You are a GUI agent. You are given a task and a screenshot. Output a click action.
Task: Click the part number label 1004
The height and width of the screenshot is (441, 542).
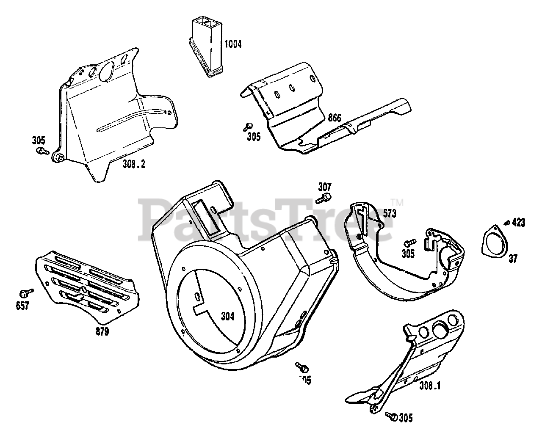coord(233,44)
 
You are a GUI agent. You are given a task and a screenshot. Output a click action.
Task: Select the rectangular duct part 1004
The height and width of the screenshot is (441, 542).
coord(206,44)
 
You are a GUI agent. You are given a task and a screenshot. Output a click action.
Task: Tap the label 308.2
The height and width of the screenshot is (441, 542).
coord(134,165)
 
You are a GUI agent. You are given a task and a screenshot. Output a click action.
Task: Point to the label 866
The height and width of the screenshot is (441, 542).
coord(334,118)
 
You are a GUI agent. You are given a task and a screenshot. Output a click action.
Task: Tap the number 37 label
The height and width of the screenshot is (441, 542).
coord(513,258)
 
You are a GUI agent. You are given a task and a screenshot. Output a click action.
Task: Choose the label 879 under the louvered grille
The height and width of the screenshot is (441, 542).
coord(101,331)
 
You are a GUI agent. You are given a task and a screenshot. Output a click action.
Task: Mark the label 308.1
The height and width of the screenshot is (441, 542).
coord(430,386)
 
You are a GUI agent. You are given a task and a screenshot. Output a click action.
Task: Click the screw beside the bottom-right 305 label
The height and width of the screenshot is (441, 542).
coord(392,417)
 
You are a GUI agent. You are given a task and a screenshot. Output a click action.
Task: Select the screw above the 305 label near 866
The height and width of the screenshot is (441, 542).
coord(249,126)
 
